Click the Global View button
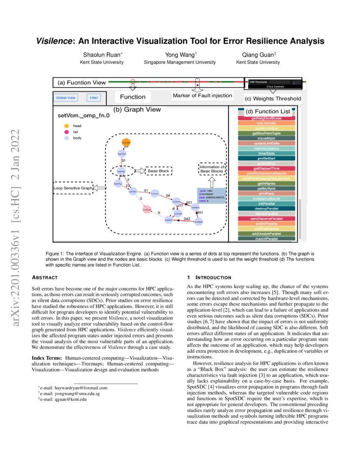tap(66, 98)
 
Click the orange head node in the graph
tap(126, 143)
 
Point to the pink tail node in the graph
tap(147, 210)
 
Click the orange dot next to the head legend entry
tap(66, 126)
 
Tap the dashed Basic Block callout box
tap(158, 171)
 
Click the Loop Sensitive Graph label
tap(73, 188)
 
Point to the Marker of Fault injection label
tap(202, 96)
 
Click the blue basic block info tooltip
tap(211, 195)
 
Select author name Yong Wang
tap(180, 55)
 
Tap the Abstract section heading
tap(44, 277)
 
